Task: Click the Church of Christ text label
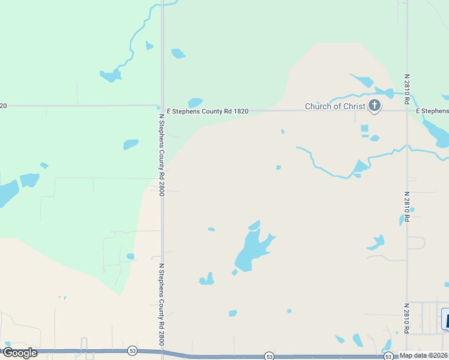(334, 107)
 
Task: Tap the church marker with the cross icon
(375, 106)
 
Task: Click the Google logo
(19, 353)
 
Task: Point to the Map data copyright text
(423, 355)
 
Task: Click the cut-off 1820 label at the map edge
(4, 106)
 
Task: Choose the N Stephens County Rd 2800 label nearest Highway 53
(161, 304)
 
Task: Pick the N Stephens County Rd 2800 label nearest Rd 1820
(161, 154)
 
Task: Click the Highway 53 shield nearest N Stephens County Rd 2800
(132, 350)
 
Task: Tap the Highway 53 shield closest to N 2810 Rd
(389, 356)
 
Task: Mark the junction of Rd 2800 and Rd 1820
(162, 108)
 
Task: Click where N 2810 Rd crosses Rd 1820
(407, 110)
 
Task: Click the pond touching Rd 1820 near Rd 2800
(195, 103)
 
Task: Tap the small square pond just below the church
(364, 128)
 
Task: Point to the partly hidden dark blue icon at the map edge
(445, 319)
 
